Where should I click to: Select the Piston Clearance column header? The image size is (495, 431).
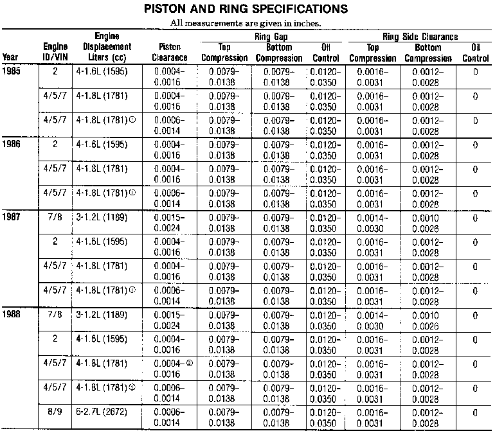[171, 53]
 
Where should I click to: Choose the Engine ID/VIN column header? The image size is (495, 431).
[55, 52]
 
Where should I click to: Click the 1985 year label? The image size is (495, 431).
[12, 72]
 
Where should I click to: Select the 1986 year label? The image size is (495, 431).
[12, 145]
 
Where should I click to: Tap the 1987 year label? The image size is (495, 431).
[12, 217]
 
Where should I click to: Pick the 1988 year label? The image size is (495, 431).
[12, 315]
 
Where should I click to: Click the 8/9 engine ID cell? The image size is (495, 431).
[55, 412]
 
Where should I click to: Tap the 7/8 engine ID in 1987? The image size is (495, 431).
[55, 217]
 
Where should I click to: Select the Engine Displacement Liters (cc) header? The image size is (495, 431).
[107, 47]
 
